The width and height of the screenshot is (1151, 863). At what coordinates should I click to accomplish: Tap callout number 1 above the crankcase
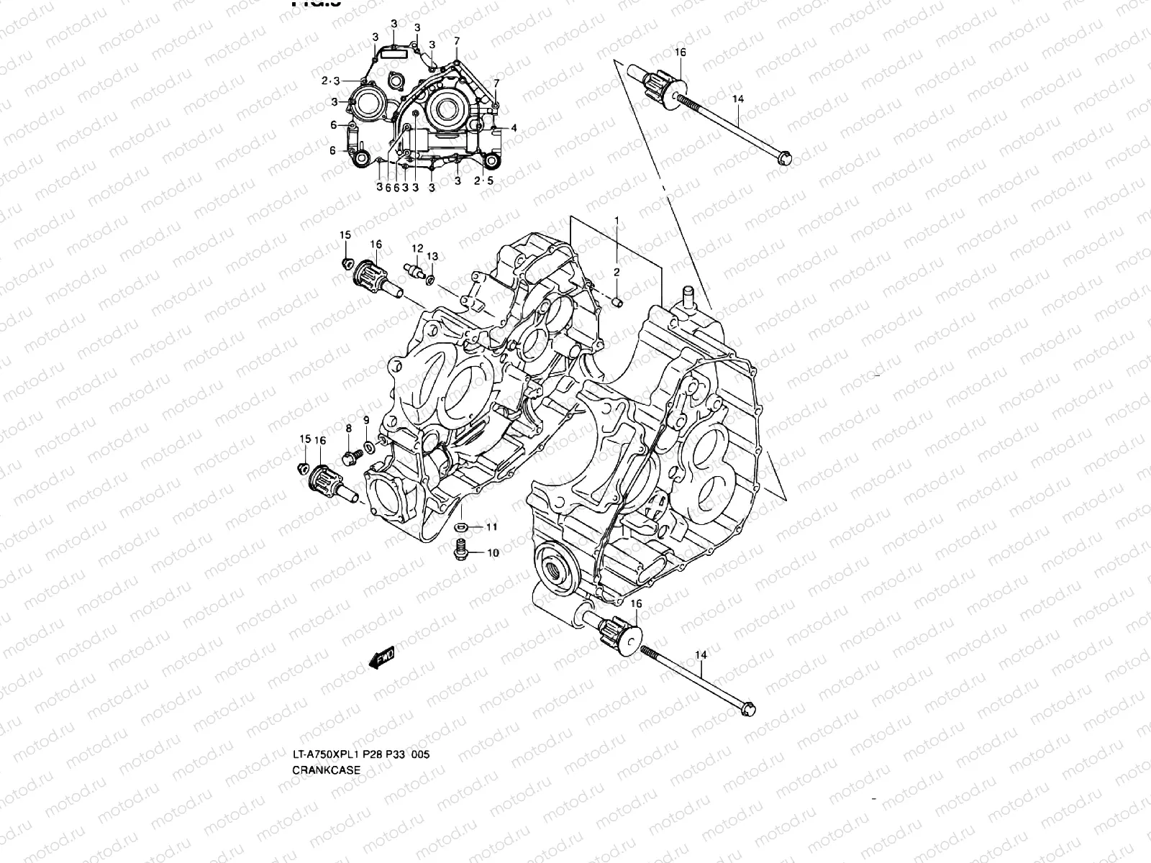pos(616,219)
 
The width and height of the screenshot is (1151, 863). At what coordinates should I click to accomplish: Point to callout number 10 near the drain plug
pos(493,553)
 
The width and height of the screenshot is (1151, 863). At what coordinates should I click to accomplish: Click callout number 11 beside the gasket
pos(491,527)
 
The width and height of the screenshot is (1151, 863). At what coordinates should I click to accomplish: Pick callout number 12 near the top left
pos(416,248)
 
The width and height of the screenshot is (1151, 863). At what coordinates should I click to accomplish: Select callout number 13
pos(432,257)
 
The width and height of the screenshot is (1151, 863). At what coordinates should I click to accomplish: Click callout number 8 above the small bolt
pos(348,429)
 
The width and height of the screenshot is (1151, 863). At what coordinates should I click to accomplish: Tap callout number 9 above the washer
pos(366,420)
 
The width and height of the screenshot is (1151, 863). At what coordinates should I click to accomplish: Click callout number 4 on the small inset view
pos(534,128)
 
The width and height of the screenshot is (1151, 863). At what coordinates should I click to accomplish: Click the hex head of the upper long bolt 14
pos(786,155)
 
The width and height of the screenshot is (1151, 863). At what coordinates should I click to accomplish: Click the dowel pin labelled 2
pos(617,301)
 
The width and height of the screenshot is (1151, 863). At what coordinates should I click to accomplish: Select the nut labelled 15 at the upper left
pos(346,261)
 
